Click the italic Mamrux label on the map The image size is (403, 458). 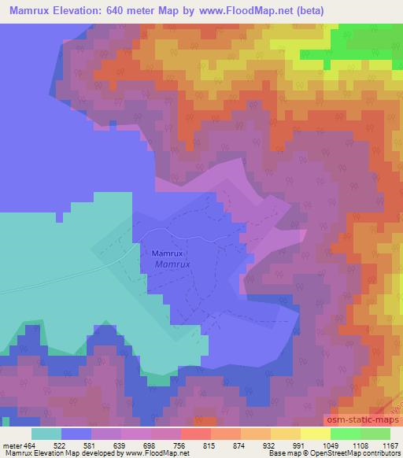[172, 264]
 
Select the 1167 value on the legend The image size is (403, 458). [390, 445]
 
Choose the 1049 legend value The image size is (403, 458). [331, 445]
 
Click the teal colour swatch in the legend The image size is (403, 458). [46, 434]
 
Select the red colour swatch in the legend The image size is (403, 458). [195, 434]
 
